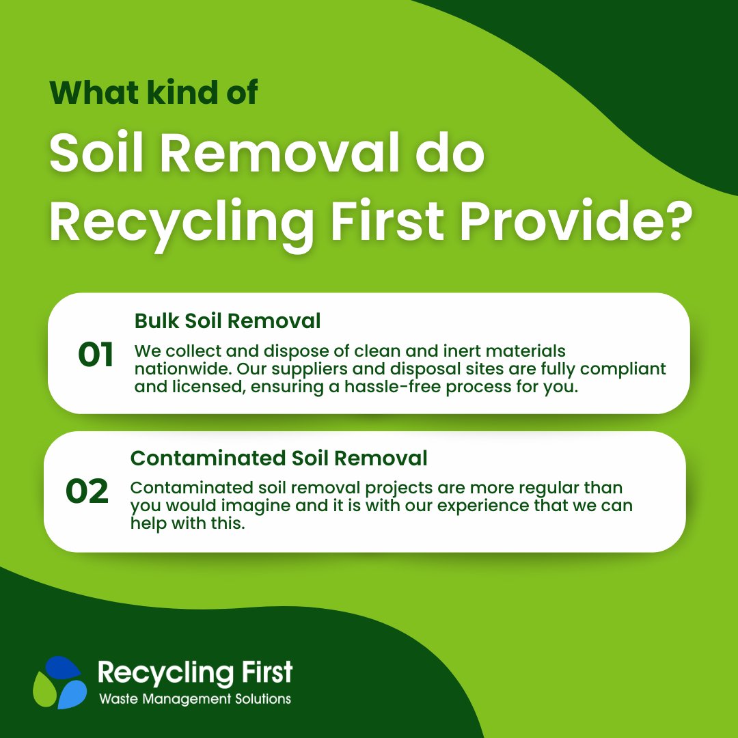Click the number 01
click(96, 356)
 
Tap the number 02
click(87, 492)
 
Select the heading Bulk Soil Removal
click(228, 320)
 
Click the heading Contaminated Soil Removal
click(279, 458)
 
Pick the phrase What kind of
click(154, 93)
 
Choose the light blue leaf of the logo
click(72, 694)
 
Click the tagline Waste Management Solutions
click(195, 699)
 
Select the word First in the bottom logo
click(263, 672)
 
